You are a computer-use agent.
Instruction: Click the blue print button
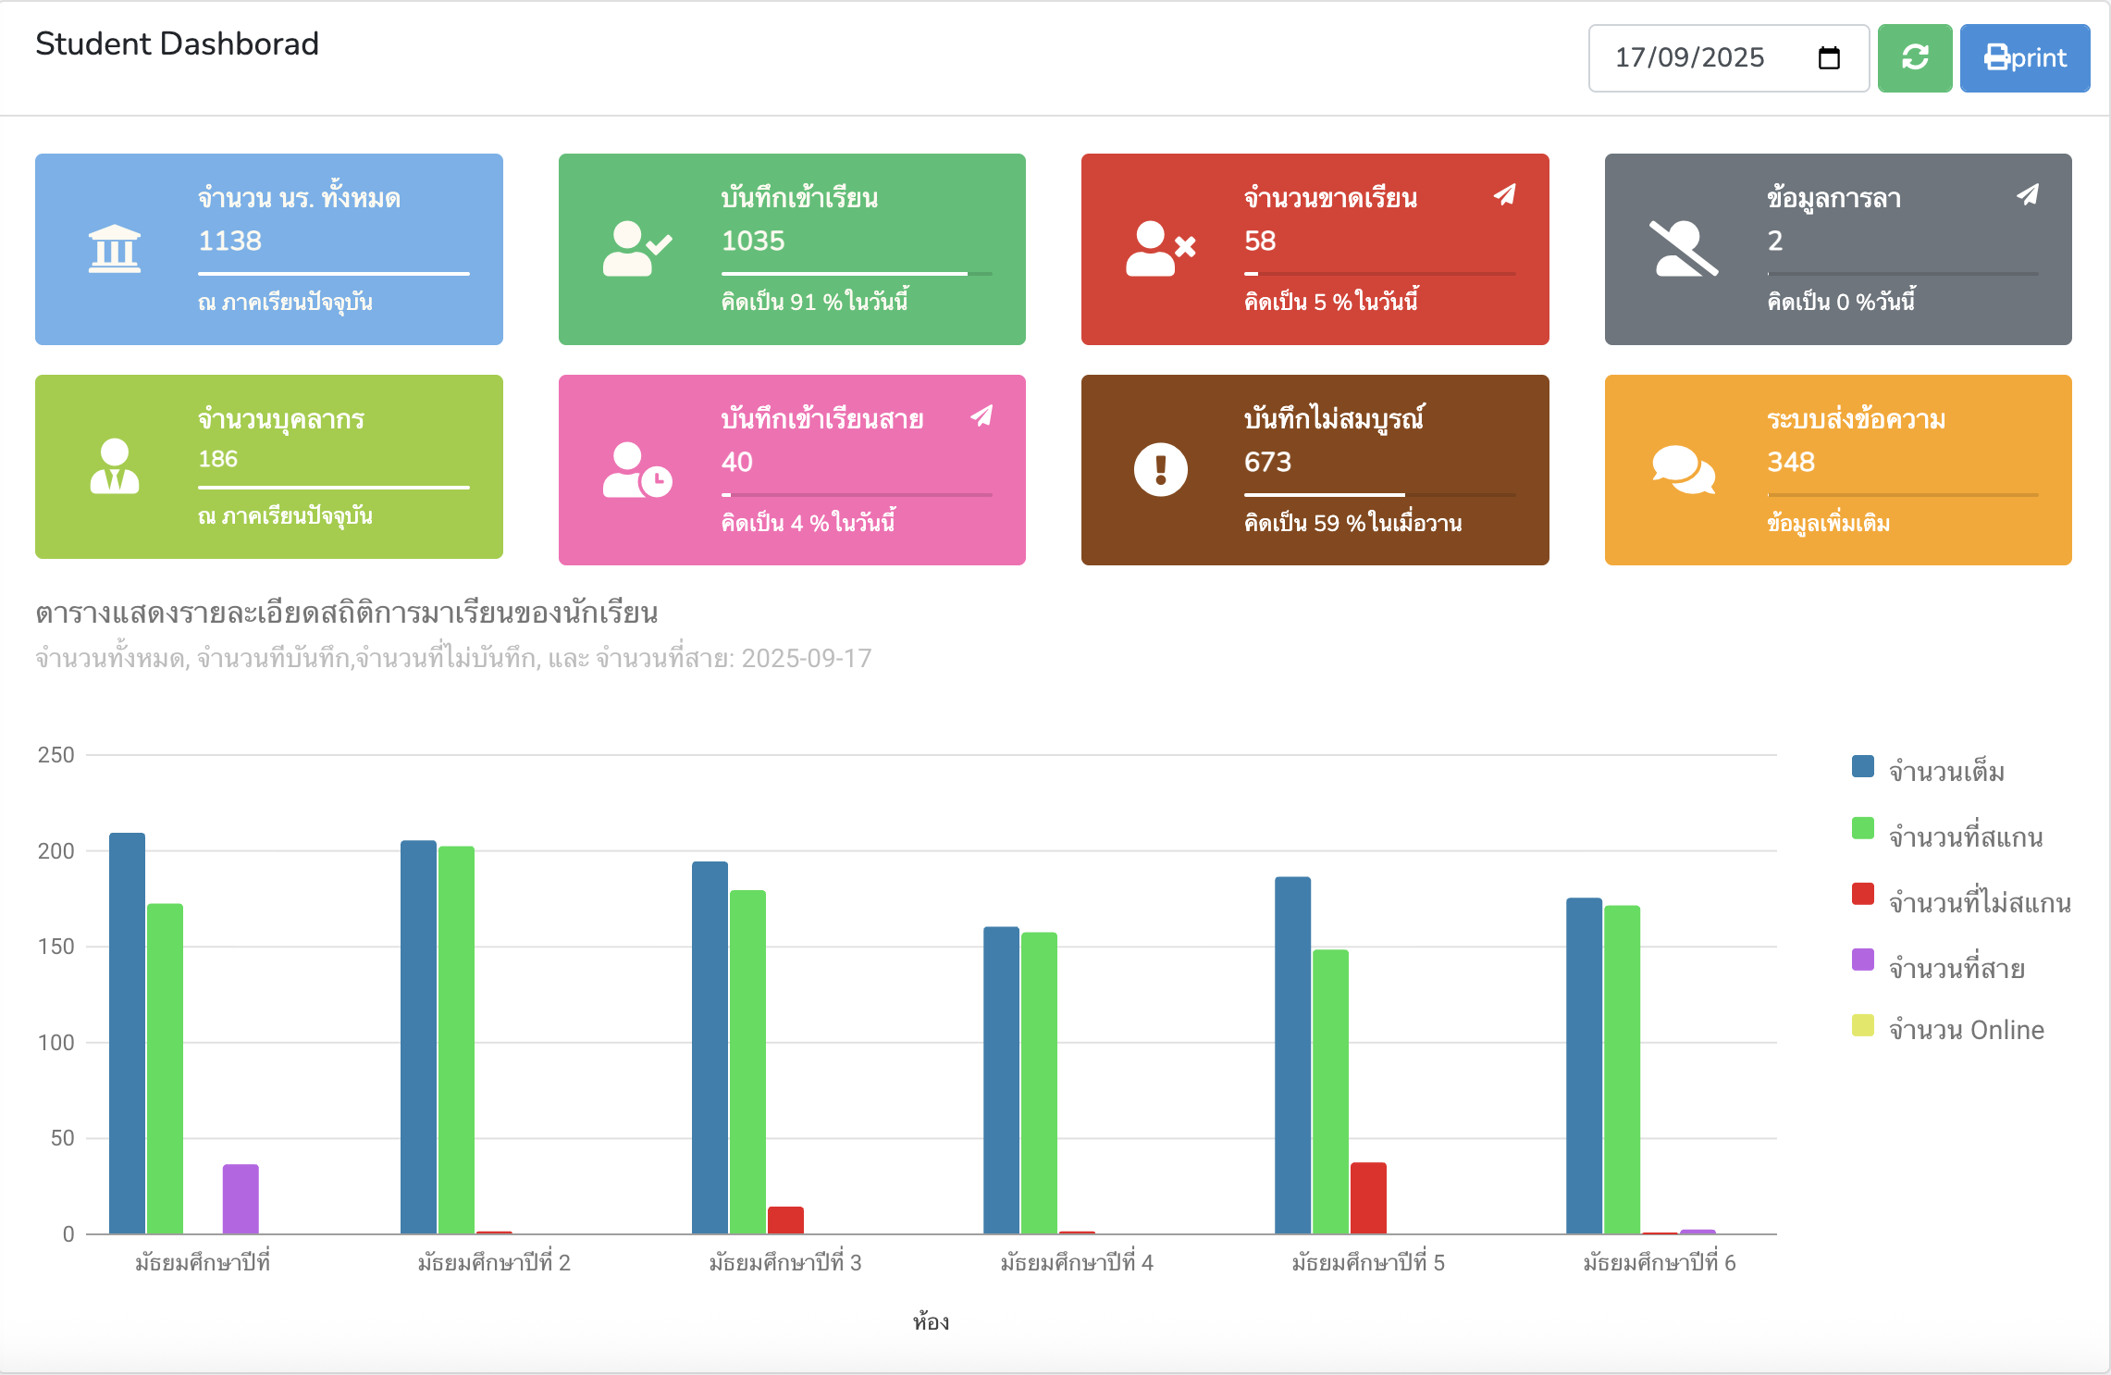click(x=2024, y=58)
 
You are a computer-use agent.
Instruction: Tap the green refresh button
click(x=1914, y=58)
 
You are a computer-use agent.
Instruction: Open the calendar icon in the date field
click(x=1828, y=58)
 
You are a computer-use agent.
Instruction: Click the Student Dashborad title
click(x=177, y=43)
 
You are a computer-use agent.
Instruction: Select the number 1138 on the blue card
click(x=230, y=241)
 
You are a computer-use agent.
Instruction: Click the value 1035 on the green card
click(x=753, y=241)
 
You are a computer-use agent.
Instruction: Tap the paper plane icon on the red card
click(x=1505, y=194)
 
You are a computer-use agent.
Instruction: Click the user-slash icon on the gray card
click(x=1683, y=249)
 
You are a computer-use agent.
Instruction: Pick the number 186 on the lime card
click(x=218, y=459)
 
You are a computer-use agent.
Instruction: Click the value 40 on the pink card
click(x=737, y=462)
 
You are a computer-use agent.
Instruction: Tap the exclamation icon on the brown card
click(x=1160, y=469)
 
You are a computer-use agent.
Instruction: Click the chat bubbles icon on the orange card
click(x=1683, y=469)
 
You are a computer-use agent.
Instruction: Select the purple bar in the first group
click(x=241, y=1198)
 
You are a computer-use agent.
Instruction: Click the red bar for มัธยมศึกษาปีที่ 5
click(x=1368, y=1197)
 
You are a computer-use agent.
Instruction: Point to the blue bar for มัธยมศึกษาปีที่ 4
click(x=1001, y=1080)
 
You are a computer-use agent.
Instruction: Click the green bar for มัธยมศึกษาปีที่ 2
click(x=456, y=1039)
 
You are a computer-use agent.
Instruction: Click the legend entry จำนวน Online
click(x=1965, y=1030)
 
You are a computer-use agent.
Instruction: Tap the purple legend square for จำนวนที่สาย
click(x=1862, y=960)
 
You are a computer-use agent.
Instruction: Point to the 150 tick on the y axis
click(x=56, y=947)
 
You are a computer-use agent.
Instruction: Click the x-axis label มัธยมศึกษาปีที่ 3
click(x=784, y=1262)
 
